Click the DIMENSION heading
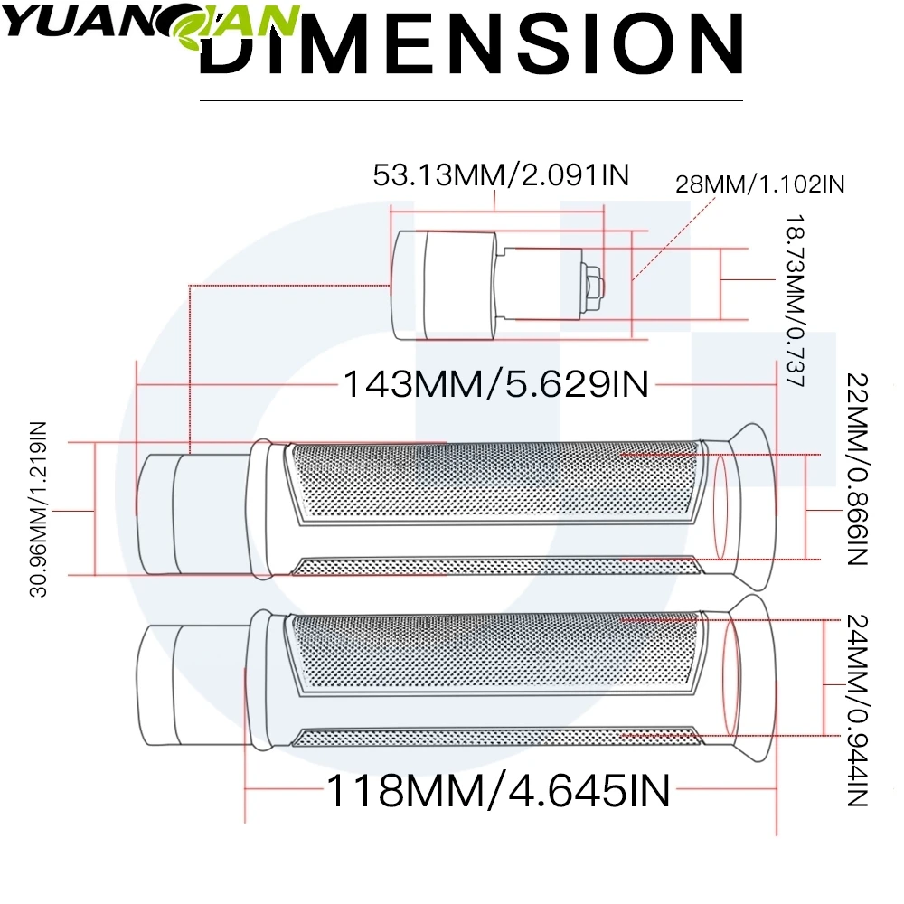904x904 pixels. (x=472, y=45)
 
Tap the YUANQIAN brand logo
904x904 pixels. (x=151, y=25)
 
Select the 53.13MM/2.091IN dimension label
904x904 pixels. (x=501, y=174)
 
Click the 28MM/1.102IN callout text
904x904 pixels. (x=759, y=184)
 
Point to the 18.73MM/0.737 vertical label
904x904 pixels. (x=795, y=301)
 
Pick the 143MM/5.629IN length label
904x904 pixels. (x=495, y=384)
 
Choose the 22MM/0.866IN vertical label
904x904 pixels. (x=857, y=469)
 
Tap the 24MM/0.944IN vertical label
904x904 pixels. (x=857, y=711)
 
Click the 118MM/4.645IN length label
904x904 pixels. (x=498, y=790)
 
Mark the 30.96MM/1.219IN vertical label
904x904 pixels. (x=38, y=509)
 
